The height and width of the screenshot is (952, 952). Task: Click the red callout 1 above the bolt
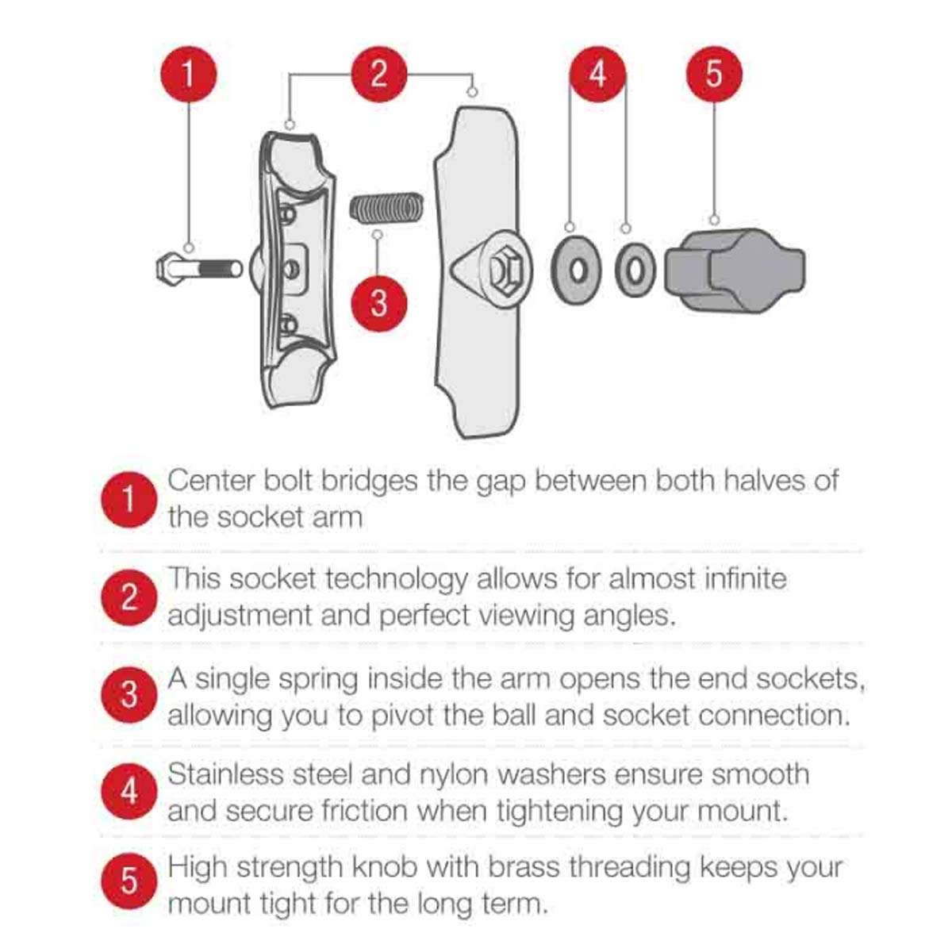(188, 74)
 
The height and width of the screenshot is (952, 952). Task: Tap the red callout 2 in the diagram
(379, 74)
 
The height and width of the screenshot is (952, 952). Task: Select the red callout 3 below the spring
(379, 303)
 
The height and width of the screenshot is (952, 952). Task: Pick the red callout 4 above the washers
(598, 74)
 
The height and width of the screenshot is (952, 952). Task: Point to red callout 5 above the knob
(714, 74)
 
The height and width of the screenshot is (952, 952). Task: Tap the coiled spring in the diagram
(386, 206)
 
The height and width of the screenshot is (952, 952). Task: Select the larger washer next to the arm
(577, 271)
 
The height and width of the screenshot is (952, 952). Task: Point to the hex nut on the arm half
(506, 269)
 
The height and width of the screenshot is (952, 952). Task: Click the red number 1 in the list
(129, 500)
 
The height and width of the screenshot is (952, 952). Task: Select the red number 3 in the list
(129, 695)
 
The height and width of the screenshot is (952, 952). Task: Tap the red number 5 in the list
(129, 881)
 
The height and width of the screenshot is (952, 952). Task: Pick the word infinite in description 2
(745, 578)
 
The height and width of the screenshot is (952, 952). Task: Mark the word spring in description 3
(318, 680)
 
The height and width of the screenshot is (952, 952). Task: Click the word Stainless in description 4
(225, 773)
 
